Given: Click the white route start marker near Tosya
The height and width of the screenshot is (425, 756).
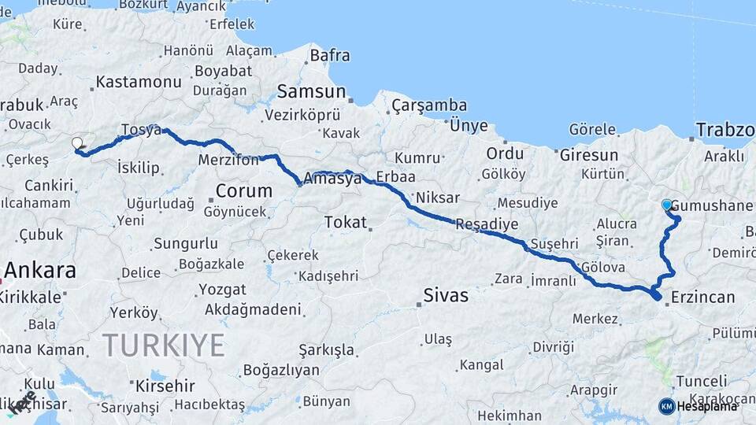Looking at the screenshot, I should click(77, 143).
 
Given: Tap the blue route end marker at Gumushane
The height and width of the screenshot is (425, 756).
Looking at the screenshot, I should click(667, 205).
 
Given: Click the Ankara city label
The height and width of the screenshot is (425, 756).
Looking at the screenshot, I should click(39, 270).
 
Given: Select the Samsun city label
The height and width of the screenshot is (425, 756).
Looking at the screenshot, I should click(306, 91).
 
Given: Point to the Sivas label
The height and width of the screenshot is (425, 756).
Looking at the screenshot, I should click(446, 296).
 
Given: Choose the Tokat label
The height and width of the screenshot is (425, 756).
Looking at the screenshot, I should click(346, 223).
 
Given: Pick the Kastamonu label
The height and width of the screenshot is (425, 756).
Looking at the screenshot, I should click(139, 82).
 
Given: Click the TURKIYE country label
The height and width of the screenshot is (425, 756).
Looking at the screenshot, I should click(164, 345).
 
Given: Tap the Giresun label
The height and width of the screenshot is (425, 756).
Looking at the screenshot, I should click(589, 154).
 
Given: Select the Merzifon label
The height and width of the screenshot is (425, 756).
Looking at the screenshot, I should click(229, 161).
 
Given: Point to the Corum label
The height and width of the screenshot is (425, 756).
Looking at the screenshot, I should click(244, 190).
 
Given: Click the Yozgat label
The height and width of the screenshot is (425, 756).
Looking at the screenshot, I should click(221, 289).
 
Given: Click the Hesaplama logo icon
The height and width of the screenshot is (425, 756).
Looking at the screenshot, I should click(667, 406).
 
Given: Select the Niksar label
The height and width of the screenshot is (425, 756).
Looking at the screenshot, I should click(437, 197).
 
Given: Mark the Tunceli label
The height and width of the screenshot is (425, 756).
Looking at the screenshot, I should click(701, 380).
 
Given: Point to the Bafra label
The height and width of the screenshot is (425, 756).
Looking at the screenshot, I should click(329, 56).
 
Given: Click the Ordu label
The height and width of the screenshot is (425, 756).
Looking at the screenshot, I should click(505, 153).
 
